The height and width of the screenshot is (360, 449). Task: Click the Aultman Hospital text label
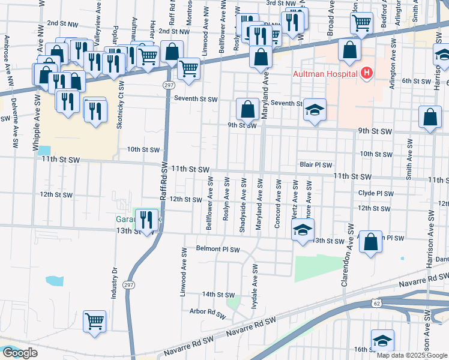pos(325,74)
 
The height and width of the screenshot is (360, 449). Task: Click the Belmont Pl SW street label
pos(217,249)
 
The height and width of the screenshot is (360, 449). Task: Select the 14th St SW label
pos(217,295)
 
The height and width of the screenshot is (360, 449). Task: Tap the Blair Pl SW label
pos(316,164)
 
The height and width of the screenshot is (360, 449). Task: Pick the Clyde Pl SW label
pos(375,194)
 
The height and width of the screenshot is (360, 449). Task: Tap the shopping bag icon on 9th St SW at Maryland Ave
pos(247,109)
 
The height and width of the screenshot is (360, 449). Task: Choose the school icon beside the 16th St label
pos(382,341)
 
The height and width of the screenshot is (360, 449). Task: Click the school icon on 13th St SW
pos(303,229)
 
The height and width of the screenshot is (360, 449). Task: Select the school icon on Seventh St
pos(315,110)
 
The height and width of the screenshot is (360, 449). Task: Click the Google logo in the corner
pos(20,353)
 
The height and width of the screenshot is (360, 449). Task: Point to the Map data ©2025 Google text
pos(411,355)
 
